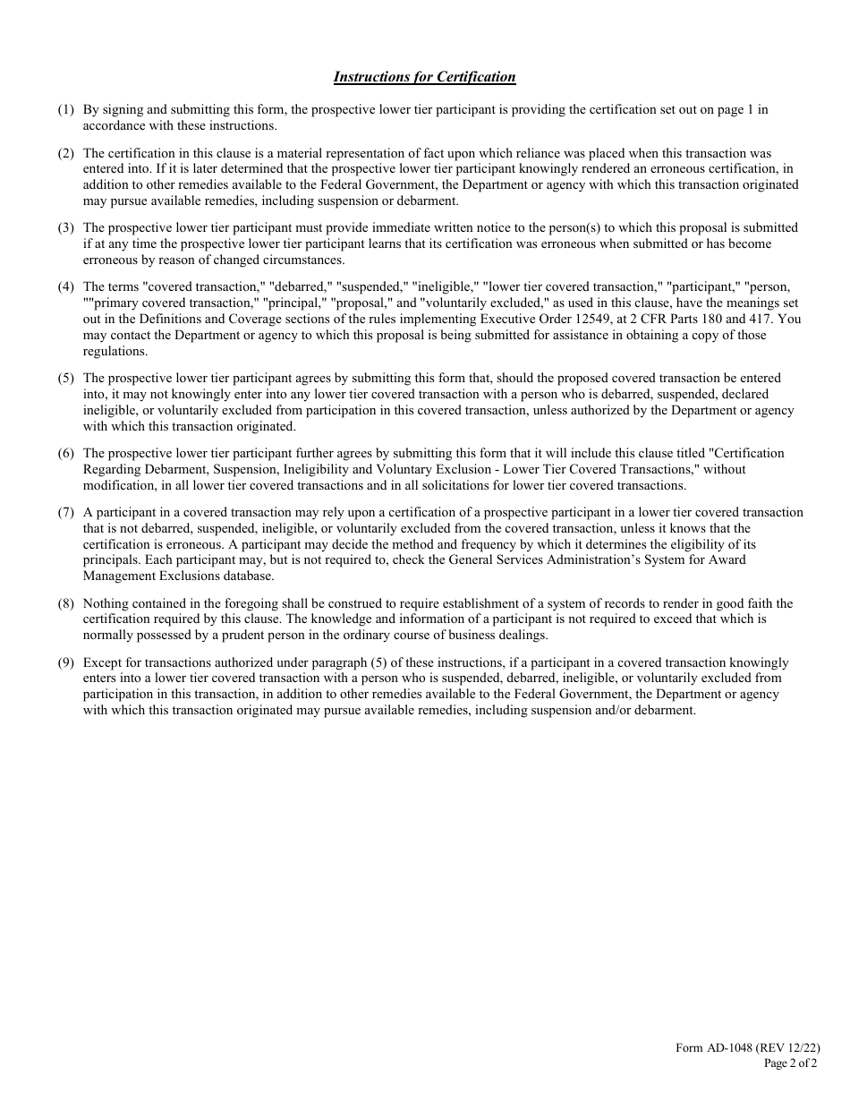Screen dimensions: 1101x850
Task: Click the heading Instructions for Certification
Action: (x=424, y=77)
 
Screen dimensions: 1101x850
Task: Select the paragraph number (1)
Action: (x=66, y=110)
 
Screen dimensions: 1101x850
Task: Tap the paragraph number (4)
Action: (x=66, y=287)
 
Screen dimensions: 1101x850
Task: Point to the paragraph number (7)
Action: (x=66, y=513)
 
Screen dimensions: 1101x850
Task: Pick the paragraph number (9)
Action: (x=66, y=663)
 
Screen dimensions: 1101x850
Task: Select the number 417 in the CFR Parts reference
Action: (x=769, y=320)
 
